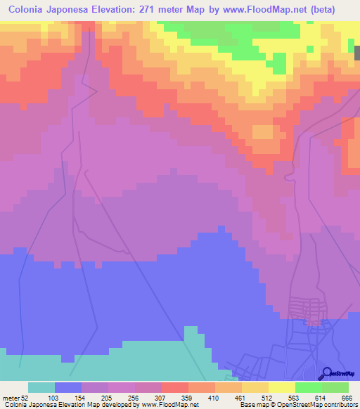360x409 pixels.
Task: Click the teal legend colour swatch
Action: pyautogui.click(x=41, y=387)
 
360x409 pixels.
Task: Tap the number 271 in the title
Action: pyautogui.click(x=148, y=10)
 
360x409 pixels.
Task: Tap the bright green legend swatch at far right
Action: pyautogui.click(x=335, y=387)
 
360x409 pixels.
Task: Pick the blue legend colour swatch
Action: pyautogui.click(x=68, y=387)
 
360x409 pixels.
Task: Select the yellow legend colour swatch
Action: pyautogui.click(x=282, y=387)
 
